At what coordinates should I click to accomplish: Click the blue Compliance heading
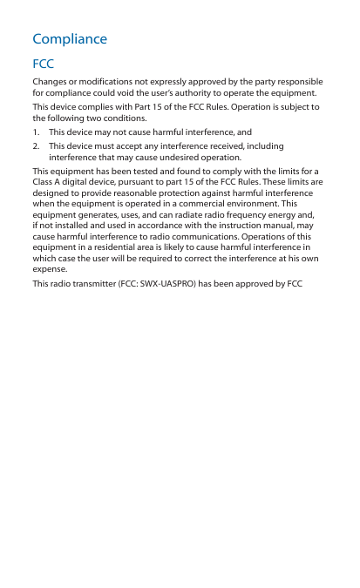(70, 39)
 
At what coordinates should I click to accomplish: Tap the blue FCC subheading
(43, 65)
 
